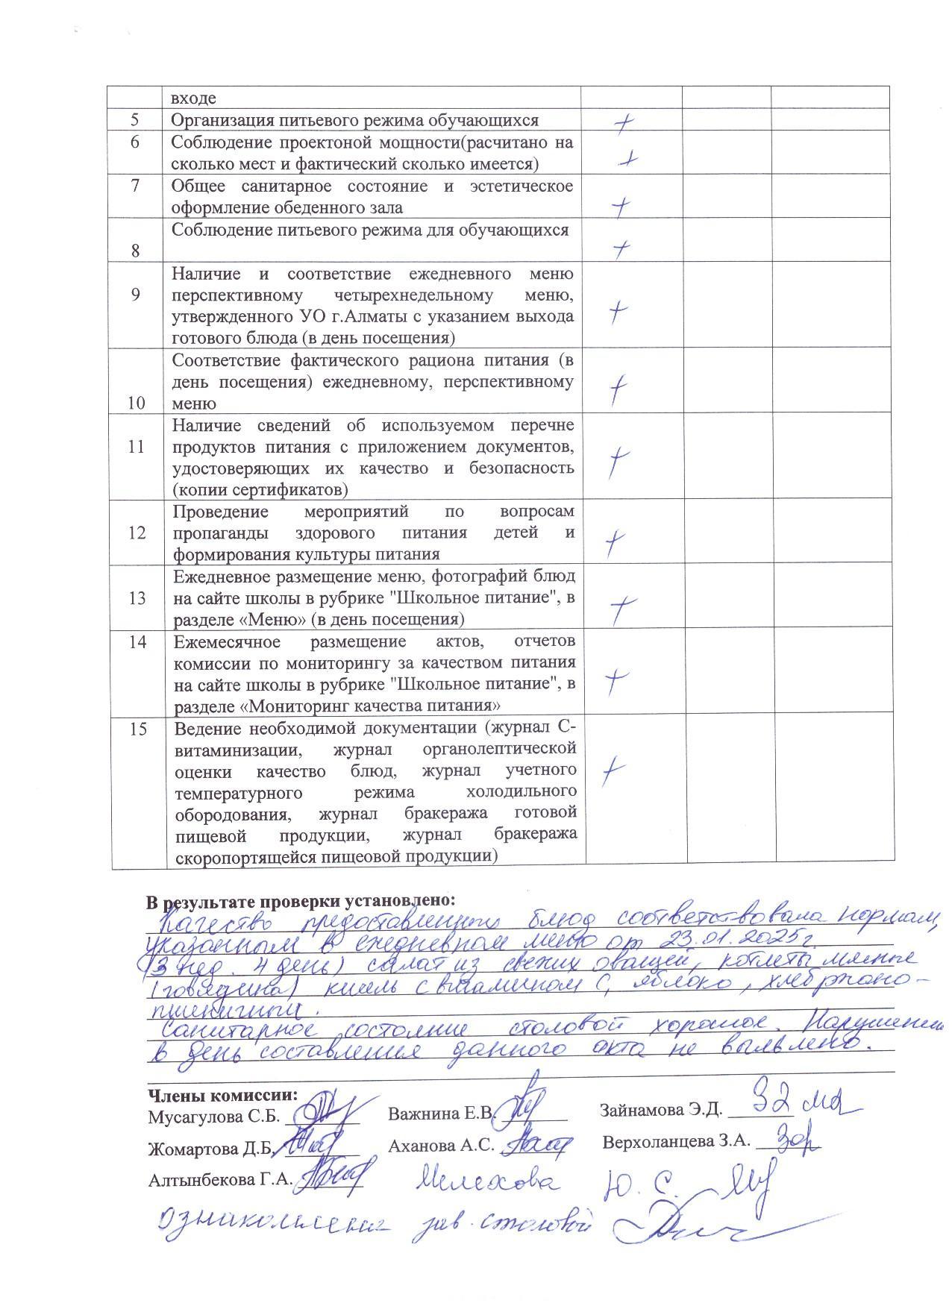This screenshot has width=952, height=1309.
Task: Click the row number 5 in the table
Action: [135, 120]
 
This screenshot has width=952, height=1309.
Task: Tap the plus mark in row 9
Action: [616, 311]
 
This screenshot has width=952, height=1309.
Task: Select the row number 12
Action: [137, 533]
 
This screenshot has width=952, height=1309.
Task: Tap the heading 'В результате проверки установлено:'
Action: [301, 901]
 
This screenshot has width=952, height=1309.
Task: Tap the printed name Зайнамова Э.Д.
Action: [661, 1110]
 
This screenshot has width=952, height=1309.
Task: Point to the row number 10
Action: [137, 404]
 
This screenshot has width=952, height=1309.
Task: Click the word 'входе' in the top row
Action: [193, 98]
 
